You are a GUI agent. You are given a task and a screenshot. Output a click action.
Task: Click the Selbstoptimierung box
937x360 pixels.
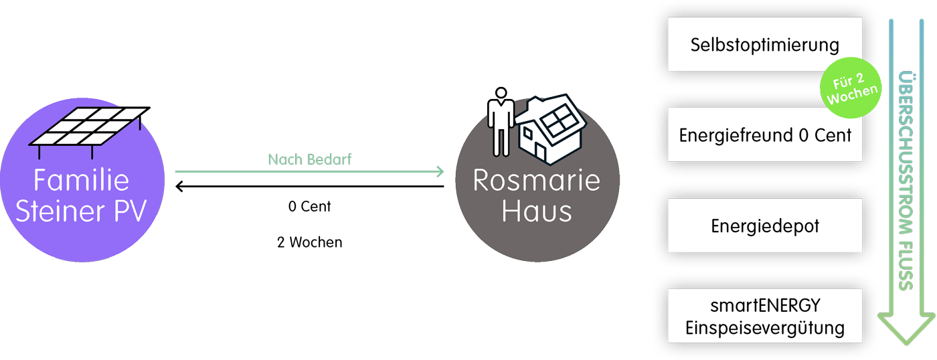(764, 46)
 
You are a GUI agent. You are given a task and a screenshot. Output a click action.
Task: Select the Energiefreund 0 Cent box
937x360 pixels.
(764, 136)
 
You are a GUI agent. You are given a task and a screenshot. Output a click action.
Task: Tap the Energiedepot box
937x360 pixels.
(764, 227)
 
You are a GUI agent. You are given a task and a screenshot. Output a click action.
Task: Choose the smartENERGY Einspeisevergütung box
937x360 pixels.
(764, 317)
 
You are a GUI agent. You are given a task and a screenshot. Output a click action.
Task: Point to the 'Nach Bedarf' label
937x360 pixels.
(309, 160)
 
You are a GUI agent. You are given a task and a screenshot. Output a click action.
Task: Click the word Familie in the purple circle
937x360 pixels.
(82, 181)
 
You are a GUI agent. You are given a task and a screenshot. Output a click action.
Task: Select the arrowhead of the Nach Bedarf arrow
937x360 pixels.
(440, 172)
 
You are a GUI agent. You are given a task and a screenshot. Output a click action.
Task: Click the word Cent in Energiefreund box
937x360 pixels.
(833, 136)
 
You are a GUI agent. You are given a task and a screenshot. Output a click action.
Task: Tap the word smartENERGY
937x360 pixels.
(764, 306)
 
